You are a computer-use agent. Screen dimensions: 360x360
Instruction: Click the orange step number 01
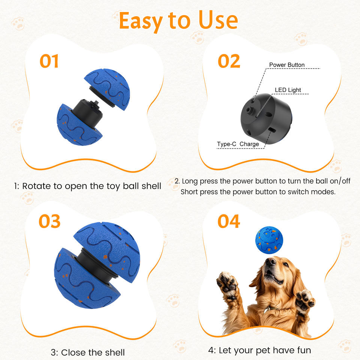tap(49, 61)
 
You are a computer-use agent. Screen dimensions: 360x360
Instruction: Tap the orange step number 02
tap(229, 61)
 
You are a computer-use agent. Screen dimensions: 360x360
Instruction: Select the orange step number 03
tap(49, 221)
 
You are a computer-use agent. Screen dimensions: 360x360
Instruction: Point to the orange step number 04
tap(229, 221)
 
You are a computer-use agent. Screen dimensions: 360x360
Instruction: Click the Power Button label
tap(287, 65)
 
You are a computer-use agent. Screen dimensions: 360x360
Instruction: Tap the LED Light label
tap(288, 90)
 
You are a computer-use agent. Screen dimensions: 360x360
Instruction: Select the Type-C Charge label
tap(238, 144)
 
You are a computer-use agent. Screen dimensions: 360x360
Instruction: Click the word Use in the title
tap(218, 20)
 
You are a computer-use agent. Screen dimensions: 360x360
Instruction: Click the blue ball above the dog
tap(269, 240)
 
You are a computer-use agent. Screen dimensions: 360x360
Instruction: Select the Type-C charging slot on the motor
tap(273, 130)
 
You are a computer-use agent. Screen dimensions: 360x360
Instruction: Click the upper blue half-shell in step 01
tap(108, 89)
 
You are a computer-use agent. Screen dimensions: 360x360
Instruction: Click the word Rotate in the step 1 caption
tap(36, 186)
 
